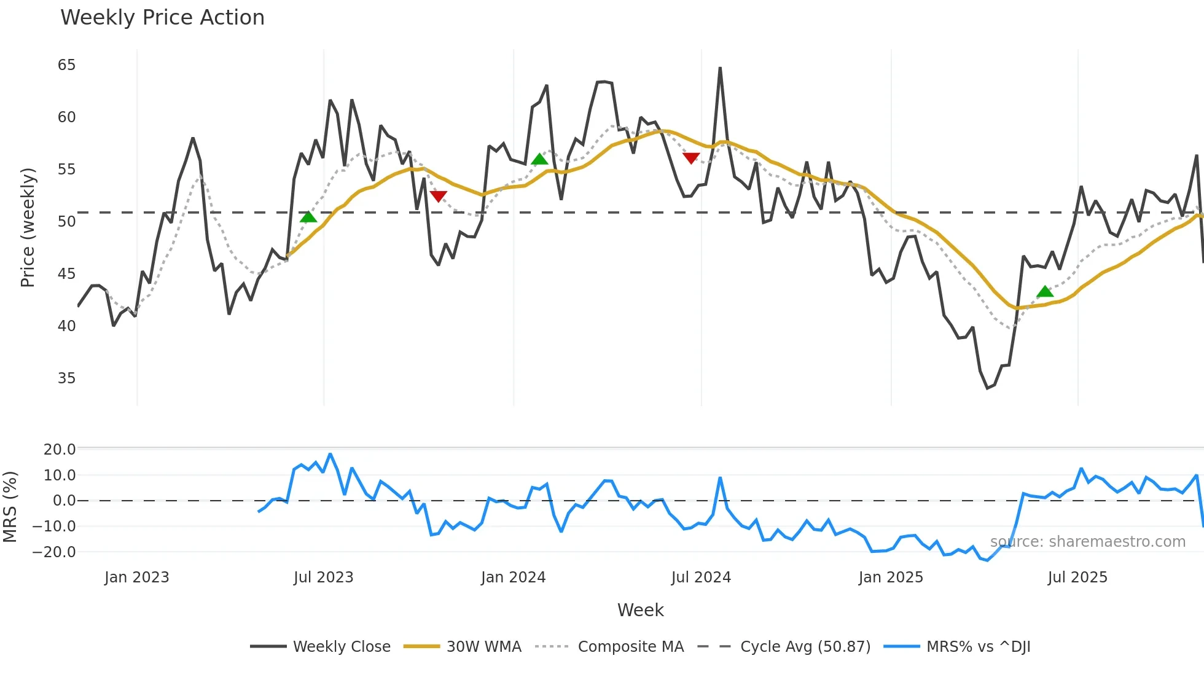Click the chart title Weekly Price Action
[x=162, y=18]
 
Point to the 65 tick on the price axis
[x=66, y=65]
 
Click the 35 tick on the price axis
[x=66, y=378]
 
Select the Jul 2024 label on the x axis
[x=701, y=577]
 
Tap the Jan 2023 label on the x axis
[x=136, y=577]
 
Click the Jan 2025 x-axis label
[x=891, y=577]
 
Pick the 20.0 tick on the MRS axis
[x=60, y=450]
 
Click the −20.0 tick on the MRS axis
[x=54, y=552]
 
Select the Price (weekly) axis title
[x=28, y=227]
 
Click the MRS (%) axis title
[x=10, y=507]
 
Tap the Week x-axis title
[x=640, y=610]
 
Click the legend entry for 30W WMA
[x=483, y=647]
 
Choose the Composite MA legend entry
[x=630, y=647]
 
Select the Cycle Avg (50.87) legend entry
[x=805, y=647]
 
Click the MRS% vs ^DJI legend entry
[x=978, y=647]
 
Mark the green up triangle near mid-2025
[x=1045, y=292]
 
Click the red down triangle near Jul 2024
[x=691, y=158]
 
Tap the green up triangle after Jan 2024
[x=539, y=160]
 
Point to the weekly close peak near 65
[x=720, y=68]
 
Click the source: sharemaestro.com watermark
[x=1087, y=542]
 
